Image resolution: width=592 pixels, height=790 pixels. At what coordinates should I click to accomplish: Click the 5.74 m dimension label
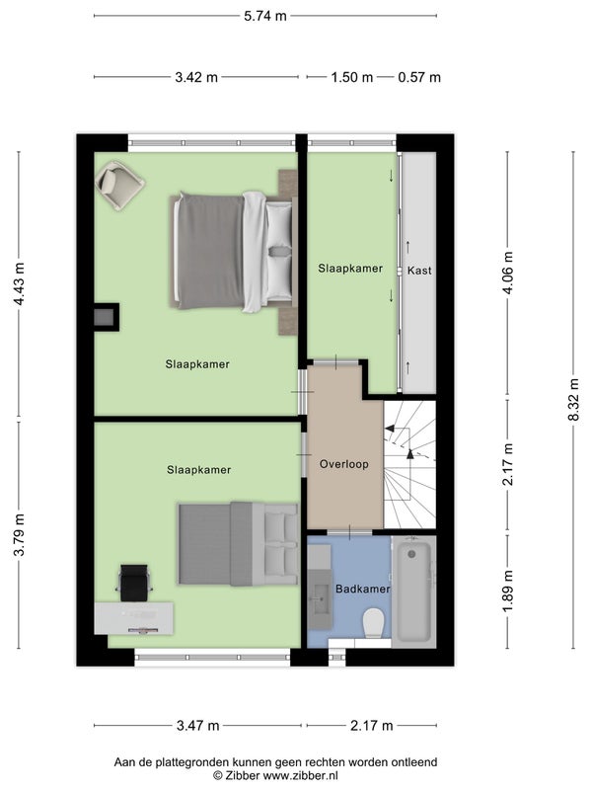pos(265,16)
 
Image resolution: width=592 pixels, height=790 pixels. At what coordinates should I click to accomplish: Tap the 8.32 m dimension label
pos(574,399)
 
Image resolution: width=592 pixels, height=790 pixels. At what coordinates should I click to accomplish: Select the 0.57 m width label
pos(419,77)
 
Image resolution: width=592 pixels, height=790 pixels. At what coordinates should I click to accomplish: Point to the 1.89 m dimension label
pos(508,591)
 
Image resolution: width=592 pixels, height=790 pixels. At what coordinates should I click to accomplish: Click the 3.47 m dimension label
pos(198,726)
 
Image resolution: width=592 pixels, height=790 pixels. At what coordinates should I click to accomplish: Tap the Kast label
pos(419,271)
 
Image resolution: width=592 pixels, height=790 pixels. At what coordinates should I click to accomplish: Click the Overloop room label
pos(344,464)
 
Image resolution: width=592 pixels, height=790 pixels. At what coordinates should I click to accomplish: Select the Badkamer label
pos(363,589)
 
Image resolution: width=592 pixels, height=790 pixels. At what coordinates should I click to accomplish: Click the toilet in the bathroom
pos(374,623)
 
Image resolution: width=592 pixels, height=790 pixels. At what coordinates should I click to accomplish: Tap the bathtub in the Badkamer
pos(413,592)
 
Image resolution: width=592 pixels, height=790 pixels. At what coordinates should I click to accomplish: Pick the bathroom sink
pos(320,599)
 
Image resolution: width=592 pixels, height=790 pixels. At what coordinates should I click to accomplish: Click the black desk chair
pos(134,583)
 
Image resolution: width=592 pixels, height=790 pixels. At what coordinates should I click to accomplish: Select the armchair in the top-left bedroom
pos(119,186)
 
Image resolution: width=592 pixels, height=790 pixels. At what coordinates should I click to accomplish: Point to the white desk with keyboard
pos(134,618)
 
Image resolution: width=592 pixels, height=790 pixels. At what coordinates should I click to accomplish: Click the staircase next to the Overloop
pos(409,464)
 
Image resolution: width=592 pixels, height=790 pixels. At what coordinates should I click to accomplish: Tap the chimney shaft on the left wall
pos(107,317)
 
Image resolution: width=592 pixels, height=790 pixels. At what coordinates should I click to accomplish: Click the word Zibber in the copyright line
pos(242,775)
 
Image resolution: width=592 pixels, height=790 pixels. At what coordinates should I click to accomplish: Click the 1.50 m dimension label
pos(352,77)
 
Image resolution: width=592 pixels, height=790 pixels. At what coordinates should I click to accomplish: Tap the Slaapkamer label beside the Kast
pos(350,269)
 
